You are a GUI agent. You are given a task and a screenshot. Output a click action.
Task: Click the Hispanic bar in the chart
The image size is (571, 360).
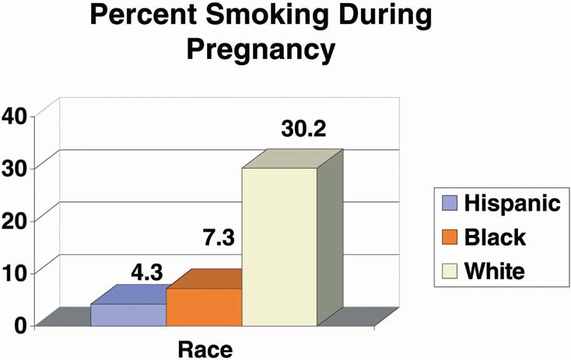[x=129, y=314]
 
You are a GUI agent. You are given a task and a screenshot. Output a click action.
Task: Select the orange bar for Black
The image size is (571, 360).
[x=205, y=306]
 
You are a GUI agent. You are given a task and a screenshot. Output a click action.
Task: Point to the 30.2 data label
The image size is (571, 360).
[x=304, y=129]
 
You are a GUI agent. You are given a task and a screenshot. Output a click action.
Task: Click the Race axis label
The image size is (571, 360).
[x=205, y=348]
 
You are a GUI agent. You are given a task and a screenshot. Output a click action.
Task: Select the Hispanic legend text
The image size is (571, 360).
[x=512, y=204]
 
